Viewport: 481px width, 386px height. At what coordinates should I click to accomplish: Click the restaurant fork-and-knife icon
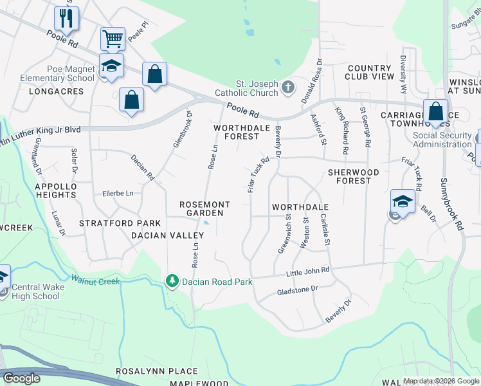(66, 18)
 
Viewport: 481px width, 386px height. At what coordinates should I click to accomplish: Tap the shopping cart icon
(113, 39)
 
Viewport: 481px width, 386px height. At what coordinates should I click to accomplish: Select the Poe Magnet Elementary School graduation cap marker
(111, 66)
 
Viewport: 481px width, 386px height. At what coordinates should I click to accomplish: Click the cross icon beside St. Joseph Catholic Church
(288, 86)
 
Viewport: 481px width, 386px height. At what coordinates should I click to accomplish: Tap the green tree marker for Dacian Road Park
(171, 280)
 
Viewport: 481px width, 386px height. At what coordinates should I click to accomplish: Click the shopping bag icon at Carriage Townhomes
(435, 111)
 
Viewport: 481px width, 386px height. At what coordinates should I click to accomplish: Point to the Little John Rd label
(307, 273)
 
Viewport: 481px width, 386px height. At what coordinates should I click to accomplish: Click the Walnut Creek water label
(96, 280)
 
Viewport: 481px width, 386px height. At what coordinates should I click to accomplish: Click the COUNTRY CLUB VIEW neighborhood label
(370, 72)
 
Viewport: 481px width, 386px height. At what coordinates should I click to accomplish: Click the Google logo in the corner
(21, 378)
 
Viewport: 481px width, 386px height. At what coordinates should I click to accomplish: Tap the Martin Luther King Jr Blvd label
(40, 130)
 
